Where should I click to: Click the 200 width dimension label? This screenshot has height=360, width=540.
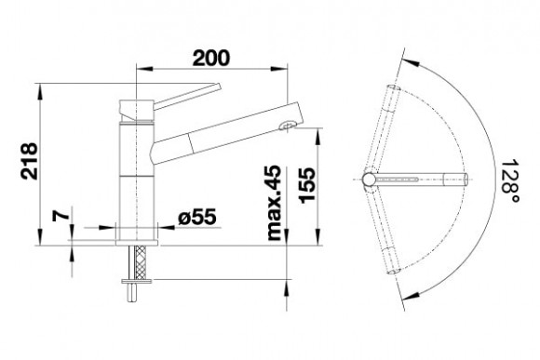click(x=210, y=58)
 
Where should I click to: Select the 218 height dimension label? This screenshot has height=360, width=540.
click(x=29, y=161)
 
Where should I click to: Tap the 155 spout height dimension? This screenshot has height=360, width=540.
click(x=307, y=185)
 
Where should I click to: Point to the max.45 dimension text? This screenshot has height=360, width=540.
click(x=274, y=203)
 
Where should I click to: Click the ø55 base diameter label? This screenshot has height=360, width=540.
click(x=197, y=217)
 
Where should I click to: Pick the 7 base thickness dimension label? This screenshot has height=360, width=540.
click(x=61, y=216)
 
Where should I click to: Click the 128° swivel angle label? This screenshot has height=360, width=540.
click(x=510, y=180)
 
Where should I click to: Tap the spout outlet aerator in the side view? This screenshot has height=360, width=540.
click(x=287, y=126)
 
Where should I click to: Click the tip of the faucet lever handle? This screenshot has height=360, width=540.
click(x=219, y=86)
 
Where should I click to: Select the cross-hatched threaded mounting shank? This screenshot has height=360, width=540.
click(x=141, y=262)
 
